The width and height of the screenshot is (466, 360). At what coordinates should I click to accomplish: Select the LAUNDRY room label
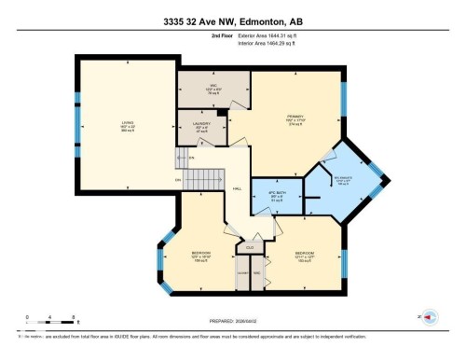199,126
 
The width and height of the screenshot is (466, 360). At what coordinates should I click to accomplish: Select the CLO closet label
250,247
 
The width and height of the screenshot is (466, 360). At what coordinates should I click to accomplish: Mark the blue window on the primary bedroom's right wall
343,97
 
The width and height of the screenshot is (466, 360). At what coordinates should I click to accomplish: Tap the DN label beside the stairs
177,180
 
